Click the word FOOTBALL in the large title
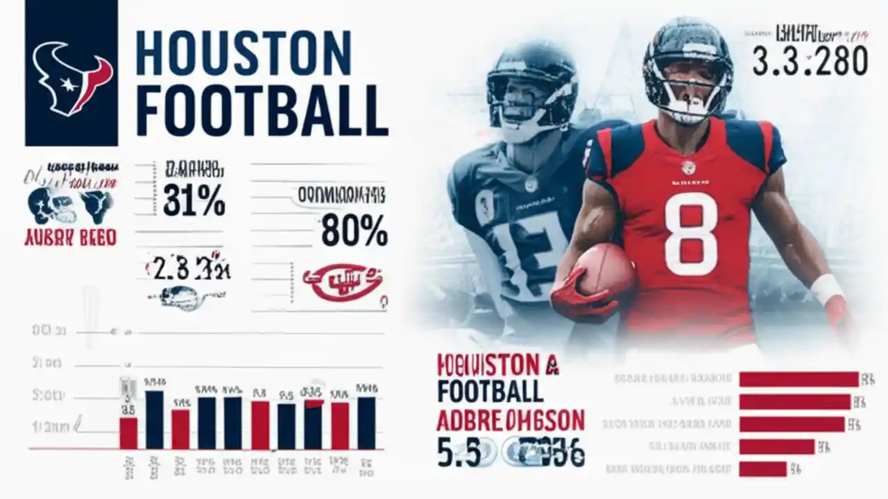[262, 111]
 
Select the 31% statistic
[194, 202]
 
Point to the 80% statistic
[354, 232]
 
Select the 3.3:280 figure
[810, 61]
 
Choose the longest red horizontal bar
[799, 379]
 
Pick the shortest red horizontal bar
[762, 469]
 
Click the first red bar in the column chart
[128, 432]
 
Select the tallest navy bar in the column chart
[155, 419]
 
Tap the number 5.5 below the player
[459, 452]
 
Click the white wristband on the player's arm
[826, 288]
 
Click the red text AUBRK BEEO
[69, 238]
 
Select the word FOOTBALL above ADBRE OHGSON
[490, 391]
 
